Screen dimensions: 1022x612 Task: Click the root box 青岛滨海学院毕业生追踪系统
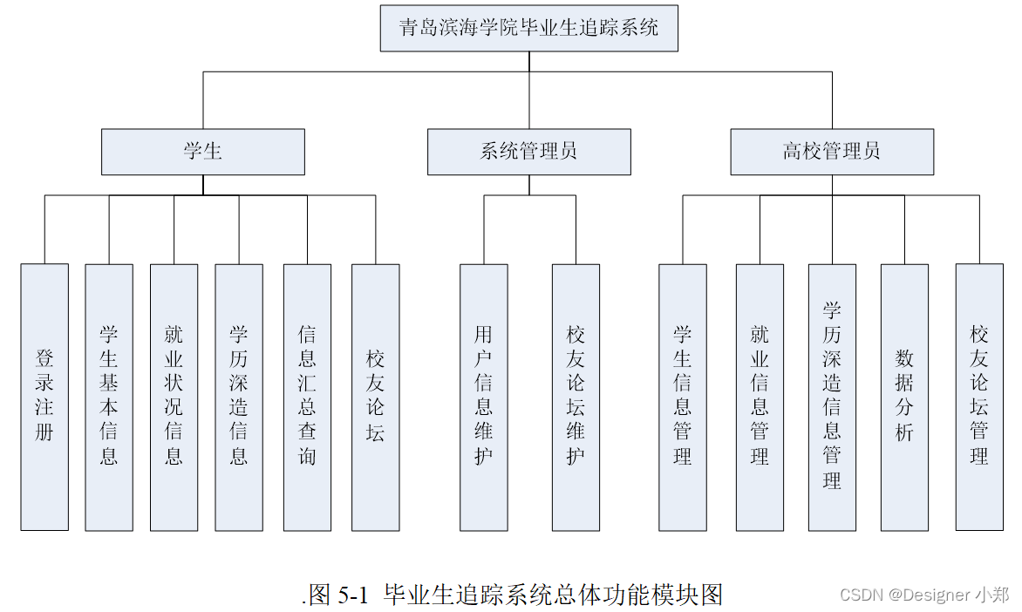click(528, 28)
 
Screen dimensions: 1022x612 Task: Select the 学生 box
click(202, 152)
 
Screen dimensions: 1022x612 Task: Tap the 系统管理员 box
click(528, 152)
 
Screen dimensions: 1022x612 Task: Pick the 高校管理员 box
click(832, 152)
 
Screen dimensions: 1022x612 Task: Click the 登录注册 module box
click(44, 397)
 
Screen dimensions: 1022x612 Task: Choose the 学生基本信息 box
click(109, 397)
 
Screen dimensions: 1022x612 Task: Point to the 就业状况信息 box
click(174, 397)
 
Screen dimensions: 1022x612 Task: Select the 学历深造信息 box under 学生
click(239, 397)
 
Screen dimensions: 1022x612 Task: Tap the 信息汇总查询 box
click(307, 397)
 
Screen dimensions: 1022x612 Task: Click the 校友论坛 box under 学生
click(376, 397)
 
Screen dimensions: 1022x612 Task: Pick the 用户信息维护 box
click(484, 397)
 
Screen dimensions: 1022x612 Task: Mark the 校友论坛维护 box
click(576, 397)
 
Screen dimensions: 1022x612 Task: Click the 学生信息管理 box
click(683, 397)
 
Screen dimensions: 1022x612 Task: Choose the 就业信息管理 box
click(760, 397)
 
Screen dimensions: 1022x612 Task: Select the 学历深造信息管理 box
click(832, 397)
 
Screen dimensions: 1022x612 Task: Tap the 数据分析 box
click(904, 397)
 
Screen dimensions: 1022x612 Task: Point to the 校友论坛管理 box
click(979, 397)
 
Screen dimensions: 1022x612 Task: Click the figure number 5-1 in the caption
click(353, 595)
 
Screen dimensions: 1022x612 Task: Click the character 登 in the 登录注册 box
click(44, 357)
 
